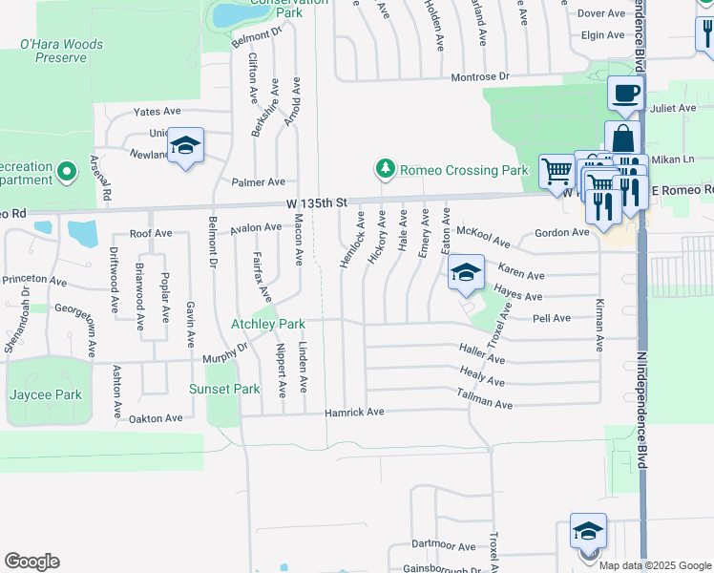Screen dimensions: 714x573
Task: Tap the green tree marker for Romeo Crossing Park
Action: point(385,170)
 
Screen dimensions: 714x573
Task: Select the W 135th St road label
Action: point(314,203)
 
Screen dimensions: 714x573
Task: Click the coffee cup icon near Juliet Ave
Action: point(625,94)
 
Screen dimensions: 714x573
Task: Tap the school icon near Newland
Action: point(185,145)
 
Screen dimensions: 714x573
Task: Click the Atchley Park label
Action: point(268,324)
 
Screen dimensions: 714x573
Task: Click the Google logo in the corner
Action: point(31,562)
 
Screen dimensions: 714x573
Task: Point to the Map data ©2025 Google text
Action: point(656,565)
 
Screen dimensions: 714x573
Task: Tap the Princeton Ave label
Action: point(34,281)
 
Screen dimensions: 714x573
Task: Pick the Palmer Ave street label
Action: point(258,181)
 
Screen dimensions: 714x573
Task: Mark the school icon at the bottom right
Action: point(588,530)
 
